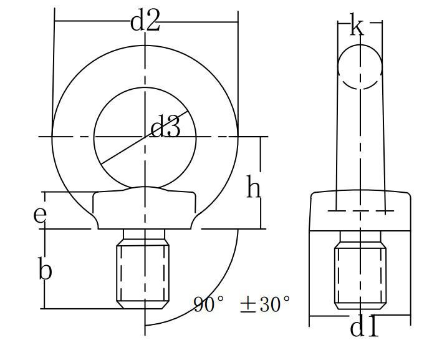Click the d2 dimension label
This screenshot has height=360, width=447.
145,21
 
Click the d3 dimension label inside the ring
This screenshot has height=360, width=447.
166,128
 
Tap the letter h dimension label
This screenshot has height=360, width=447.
252,187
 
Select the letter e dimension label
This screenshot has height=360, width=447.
40,215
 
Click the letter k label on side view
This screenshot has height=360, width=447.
357,27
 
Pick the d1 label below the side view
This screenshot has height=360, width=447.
364,327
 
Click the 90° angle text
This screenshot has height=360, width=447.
209,304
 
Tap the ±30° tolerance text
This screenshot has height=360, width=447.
265,304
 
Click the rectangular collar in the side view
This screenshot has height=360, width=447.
360,212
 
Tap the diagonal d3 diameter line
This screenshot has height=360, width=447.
125,150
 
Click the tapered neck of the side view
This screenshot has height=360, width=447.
360,144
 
